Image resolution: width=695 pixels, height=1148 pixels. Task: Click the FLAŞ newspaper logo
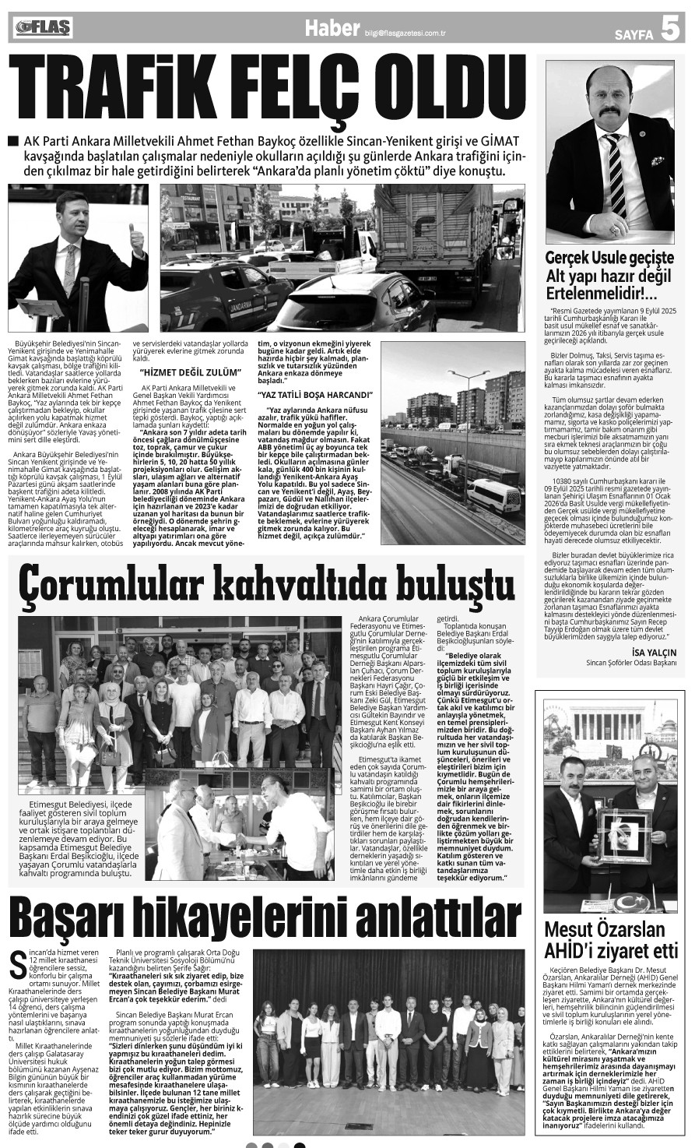[x=44, y=28]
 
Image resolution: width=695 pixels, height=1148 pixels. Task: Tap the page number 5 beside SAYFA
[x=669, y=29]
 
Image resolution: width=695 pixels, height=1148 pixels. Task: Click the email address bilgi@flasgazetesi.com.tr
[x=409, y=33]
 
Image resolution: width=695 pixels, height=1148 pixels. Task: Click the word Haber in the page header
[x=332, y=30]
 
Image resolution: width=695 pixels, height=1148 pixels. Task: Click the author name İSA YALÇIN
[x=655, y=652]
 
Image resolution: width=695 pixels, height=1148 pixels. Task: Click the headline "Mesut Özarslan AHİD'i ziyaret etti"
[x=610, y=940]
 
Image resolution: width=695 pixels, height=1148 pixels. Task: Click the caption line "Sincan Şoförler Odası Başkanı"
[x=631, y=664]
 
